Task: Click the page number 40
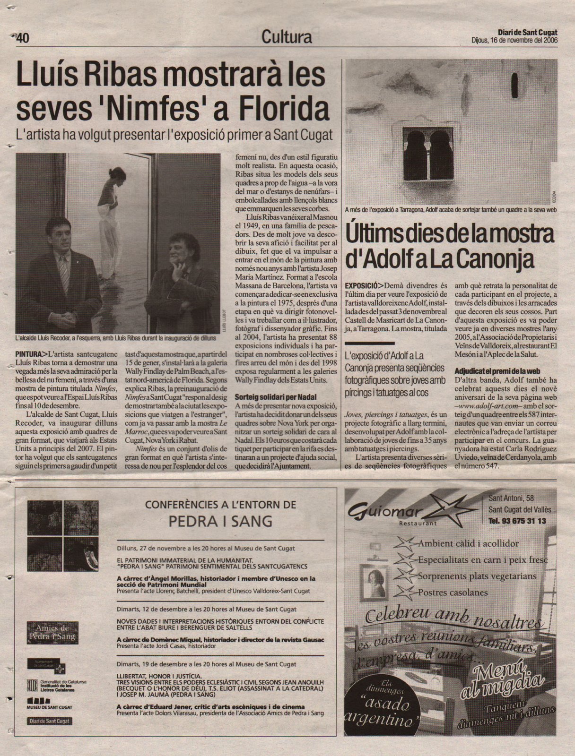(x=23, y=38)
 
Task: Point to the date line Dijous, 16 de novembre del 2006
(x=514, y=40)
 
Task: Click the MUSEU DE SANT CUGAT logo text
(x=49, y=706)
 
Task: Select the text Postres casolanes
(x=453, y=592)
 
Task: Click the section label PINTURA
(x=27, y=353)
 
